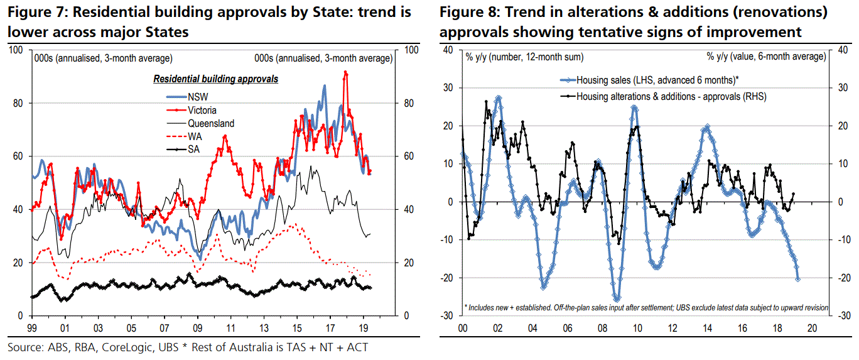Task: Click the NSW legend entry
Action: (197, 96)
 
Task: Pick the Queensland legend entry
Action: (210, 124)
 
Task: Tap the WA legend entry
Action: (195, 136)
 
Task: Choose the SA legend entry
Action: (193, 150)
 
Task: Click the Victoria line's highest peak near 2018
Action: (345, 72)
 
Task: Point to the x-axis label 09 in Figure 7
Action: (197, 328)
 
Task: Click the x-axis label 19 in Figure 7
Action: (363, 328)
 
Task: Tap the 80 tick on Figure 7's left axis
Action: (19, 103)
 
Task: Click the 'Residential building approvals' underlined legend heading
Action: (216, 80)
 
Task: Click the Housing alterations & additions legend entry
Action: (662, 96)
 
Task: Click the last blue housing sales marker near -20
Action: (797, 280)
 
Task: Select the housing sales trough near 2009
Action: (617, 300)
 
